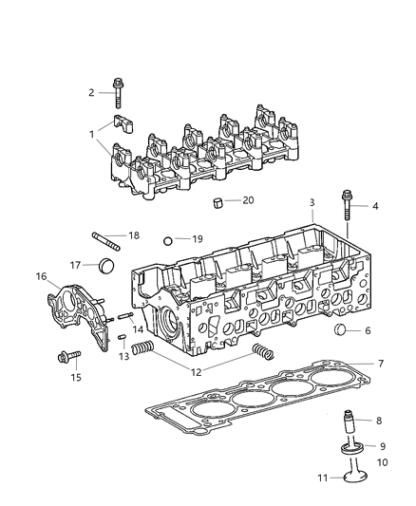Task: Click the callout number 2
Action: click(x=92, y=92)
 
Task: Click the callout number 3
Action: click(x=312, y=203)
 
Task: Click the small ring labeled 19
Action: click(x=168, y=241)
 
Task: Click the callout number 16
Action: click(x=41, y=277)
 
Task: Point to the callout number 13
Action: click(x=123, y=356)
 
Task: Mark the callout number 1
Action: click(x=92, y=135)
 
